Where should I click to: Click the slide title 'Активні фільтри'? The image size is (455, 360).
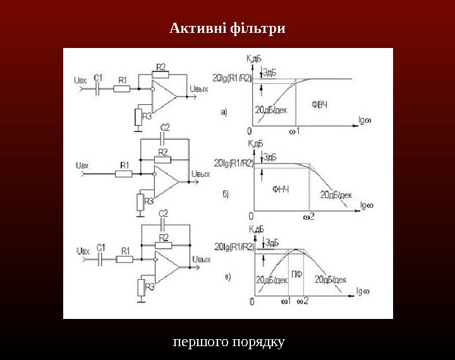pyautogui.click(x=227, y=29)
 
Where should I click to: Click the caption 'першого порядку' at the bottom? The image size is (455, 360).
pyautogui.click(x=228, y=342)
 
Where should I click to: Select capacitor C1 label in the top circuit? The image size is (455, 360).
pyautogui.click(x=98, y=78)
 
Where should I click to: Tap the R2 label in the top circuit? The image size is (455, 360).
pyautogui.click(x=161, y=66)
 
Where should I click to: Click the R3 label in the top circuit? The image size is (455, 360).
pyautogui.click(x=147, y=116)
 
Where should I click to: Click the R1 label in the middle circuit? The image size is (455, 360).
pyautogui.click(x=124, y=165)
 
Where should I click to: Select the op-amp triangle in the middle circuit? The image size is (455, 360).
pyautogui.click(x=166, y=181)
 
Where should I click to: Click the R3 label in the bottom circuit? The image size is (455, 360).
pyautogui.click(x=150, y=287)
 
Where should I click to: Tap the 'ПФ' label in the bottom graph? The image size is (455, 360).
pyautogui.click(x=296, y=274)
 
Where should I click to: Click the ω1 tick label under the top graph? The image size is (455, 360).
pyautogui.click(x=294, y=131)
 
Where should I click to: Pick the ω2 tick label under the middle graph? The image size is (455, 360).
pyautogui.click(x=309, y=217)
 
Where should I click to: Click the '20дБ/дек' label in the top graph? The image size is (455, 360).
pyautogui.click(x=271, y=109)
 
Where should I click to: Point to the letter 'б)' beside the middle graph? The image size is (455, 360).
pyautogui.click(x=226, y=195)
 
